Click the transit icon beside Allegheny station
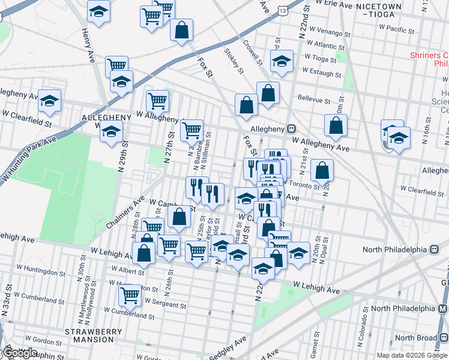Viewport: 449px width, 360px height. coord(291,128)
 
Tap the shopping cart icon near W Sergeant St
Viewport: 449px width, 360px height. coord(130,294)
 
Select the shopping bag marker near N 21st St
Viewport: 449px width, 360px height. coord(322,170)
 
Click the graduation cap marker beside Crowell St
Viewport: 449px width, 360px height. coord(282,60)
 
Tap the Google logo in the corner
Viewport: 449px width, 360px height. coord(19,353)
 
